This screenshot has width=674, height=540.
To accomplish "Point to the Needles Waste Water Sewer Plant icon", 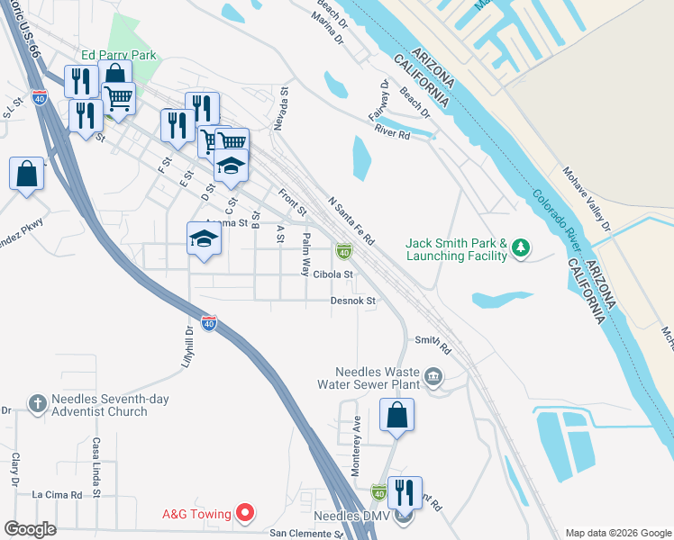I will [433, 375].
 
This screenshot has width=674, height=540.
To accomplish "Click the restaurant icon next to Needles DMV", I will [404, 492].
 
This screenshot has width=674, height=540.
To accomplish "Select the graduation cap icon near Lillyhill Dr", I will [204, 238].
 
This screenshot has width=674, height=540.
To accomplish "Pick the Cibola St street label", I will [332, 274].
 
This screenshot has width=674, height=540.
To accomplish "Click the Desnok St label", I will [352, 301].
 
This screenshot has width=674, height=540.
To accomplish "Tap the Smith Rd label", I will [432, 340].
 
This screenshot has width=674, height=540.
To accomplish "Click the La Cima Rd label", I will [57, 494].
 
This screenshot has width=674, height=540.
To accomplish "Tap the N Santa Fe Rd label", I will [351, 222].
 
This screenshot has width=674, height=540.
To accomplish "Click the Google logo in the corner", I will [30, 529].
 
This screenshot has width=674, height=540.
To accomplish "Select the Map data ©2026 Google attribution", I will [617, 533].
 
